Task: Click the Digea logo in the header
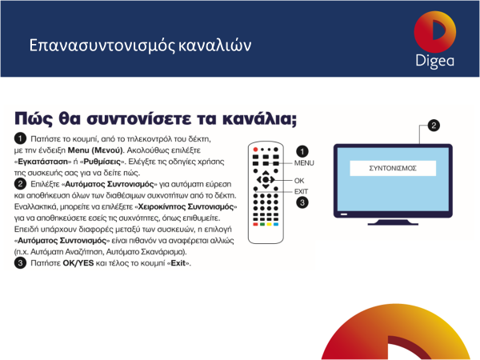435,39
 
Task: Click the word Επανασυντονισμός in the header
102,46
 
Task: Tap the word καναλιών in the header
214,46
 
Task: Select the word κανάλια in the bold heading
259,118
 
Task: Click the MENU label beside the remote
304,163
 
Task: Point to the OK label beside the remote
299,181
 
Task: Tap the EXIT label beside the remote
302,192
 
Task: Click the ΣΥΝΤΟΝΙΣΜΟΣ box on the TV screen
393,168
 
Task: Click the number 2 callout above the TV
434,126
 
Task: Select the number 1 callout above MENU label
302,151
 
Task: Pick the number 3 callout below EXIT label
302,202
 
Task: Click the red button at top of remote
255,150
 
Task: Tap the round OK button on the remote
266,180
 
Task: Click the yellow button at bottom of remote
269,224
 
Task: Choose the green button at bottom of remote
262,224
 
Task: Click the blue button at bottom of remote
276,224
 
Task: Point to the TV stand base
393,222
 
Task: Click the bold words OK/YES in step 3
78,263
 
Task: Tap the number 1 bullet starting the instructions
20,138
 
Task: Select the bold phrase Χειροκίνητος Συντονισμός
186,207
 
